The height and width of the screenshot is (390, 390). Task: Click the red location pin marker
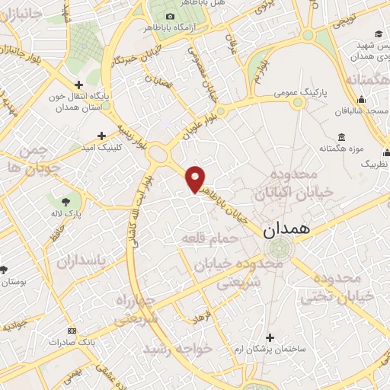[196, 178]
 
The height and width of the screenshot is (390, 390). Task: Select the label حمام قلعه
[210, 238]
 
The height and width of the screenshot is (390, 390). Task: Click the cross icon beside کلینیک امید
[101, 136]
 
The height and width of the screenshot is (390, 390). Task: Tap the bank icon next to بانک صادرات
[72, 331]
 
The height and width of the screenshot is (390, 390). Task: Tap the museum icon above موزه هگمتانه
[340, 136]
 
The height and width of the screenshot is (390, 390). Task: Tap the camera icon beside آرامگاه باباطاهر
[170, 16]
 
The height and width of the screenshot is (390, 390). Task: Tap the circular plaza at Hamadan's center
[280, 248]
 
